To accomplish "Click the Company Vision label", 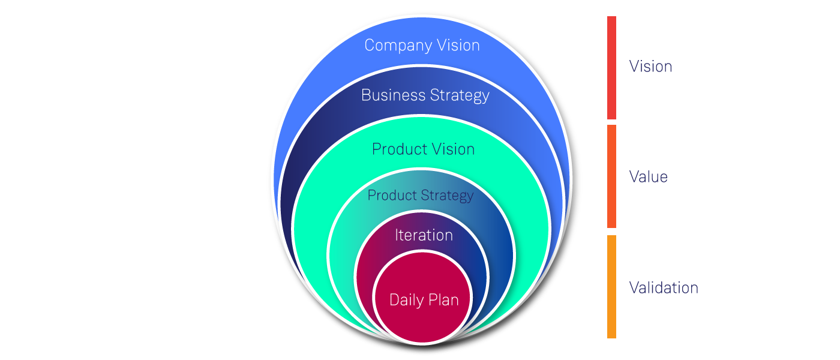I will point(422,46).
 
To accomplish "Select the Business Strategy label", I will point(425,95).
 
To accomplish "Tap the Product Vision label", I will point(423,149).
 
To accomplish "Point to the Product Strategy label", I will point(420,196).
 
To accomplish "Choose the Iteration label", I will point(424,235).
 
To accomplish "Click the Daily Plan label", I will point(424,300).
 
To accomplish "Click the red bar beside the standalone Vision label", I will point(611,68).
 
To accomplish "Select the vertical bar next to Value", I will point(611,176).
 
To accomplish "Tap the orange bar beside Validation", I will point(611,287).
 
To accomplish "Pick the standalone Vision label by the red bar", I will point(650,67).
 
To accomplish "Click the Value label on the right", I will point(648,177).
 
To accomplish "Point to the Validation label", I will point(664,288).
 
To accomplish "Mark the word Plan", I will point(443,300).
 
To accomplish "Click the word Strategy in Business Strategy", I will point(460,96).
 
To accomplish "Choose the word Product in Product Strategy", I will point(392,196).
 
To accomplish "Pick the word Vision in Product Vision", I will point(454,149).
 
